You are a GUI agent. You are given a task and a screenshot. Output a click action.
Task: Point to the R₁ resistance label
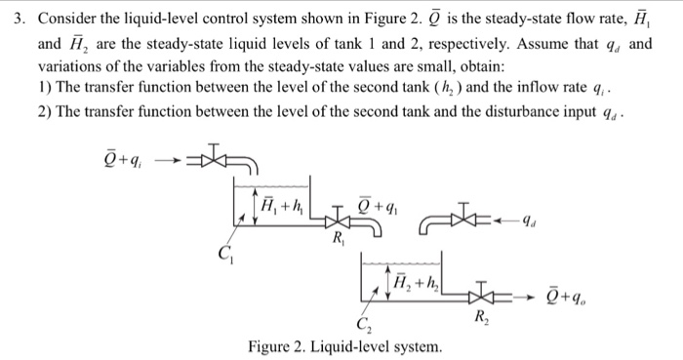click(x=337, y=241)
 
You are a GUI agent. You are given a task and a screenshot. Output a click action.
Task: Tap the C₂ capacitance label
click(x=365, y=326)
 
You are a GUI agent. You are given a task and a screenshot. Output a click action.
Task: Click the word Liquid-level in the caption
click(x=352, y=347)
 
